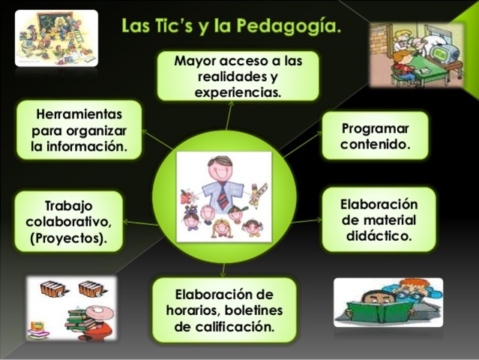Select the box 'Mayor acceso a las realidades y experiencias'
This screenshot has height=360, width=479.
click(238, 76)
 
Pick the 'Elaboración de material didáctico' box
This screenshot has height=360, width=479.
click(379, 219)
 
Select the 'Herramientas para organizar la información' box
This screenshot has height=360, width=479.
click(79, 130)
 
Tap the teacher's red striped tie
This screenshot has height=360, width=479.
click(224, 195)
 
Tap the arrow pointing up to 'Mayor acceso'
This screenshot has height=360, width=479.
click(229, 112)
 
